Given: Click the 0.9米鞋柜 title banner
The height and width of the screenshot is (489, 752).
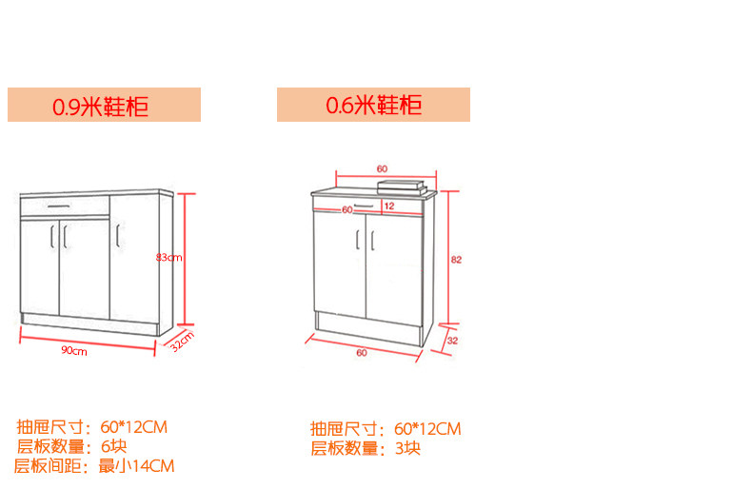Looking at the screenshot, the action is point(104,105).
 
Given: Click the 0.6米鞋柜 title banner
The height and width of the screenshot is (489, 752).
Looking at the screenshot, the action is point(373,105).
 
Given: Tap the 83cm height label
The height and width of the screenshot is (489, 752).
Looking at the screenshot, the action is point(168,258).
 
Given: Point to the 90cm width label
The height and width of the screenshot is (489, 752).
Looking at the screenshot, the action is point(74,350).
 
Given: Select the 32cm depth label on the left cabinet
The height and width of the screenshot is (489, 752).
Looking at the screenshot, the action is point(183,341).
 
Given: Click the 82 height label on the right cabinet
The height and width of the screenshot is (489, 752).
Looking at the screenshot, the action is point(456,260).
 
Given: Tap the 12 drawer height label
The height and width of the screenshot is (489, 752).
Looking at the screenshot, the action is point(389,205).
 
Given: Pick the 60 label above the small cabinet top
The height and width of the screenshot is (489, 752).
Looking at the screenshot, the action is point(382,168).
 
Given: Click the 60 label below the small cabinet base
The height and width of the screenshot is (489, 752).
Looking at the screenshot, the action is point(362,352).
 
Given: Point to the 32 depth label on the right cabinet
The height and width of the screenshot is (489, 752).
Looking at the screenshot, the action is point(452,341).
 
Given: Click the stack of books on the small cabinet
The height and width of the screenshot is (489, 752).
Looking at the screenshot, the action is point(402,187).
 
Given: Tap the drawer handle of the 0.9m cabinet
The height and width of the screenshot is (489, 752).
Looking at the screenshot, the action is point(59,206).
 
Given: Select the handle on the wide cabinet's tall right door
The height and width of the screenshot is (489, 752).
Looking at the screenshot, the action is point(117,235).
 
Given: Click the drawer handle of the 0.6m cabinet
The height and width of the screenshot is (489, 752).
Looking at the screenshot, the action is point(364,206).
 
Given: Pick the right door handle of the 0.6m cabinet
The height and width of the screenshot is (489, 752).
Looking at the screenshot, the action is point(372,240).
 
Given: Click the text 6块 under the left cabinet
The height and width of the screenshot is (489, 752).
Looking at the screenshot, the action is point(113,446).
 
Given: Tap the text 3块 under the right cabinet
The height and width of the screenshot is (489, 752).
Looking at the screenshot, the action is point(407,448).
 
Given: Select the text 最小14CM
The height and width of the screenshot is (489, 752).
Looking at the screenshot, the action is point(136,466).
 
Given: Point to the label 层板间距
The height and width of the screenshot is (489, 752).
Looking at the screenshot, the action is point(48,466).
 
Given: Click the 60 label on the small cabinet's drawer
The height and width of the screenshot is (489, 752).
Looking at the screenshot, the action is point(347,210).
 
